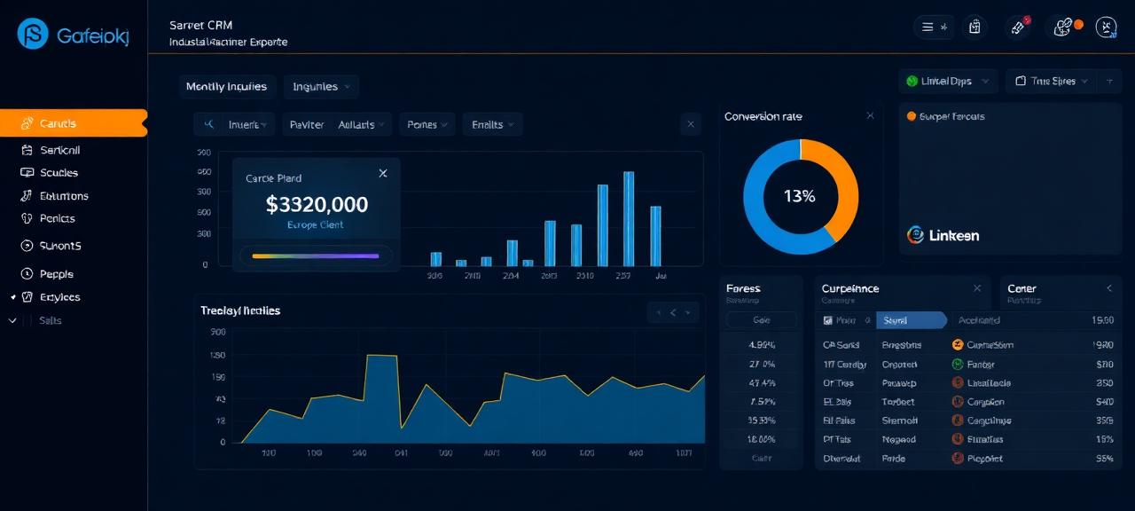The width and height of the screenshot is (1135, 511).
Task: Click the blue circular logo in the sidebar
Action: (33, 34)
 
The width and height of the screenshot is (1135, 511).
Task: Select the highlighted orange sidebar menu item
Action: (73, 123)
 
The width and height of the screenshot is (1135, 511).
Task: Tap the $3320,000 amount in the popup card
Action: (317, 205)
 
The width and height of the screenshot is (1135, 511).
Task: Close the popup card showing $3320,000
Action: (383, 173)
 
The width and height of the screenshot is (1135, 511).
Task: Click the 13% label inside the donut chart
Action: (800, 196)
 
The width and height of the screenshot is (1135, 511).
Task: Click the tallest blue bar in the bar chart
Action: (629, 218)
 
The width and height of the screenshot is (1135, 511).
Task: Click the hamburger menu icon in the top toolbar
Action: (928, 28)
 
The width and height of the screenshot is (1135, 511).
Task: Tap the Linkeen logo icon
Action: (916, 235)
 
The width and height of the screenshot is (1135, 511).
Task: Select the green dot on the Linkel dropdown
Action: (912, 81)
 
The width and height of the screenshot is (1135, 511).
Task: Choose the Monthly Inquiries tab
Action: (226, 86)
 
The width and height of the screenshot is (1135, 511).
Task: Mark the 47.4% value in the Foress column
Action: (762, 383)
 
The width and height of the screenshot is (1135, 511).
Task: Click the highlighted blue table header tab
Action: (911, 320)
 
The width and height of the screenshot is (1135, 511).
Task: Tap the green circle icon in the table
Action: (958, 364)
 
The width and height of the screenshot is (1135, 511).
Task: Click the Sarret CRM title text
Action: (200, 25)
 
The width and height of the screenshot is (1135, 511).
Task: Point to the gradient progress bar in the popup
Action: (316, 255)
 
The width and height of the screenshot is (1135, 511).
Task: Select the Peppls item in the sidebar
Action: (57, 274)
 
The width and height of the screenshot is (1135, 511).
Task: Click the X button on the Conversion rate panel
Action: (870, 116)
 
